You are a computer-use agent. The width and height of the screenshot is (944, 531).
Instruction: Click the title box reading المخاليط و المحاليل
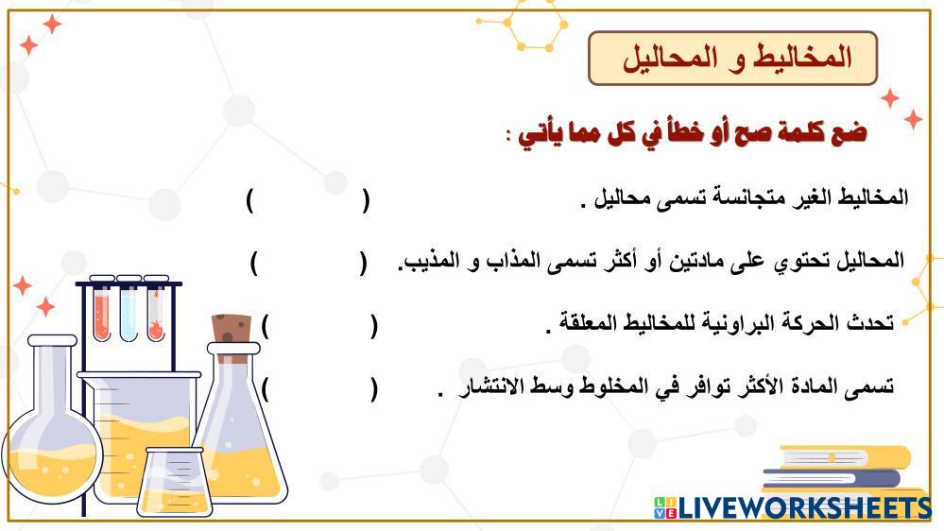tap(732, 58)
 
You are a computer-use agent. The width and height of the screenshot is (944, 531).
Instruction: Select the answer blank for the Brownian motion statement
tap(319, 326)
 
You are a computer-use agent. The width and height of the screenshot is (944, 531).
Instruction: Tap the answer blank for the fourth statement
tap(319, 389)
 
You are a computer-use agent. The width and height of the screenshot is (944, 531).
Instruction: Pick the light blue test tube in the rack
tap(129, 312)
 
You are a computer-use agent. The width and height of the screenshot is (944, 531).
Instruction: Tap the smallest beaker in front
tap(173, 482)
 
